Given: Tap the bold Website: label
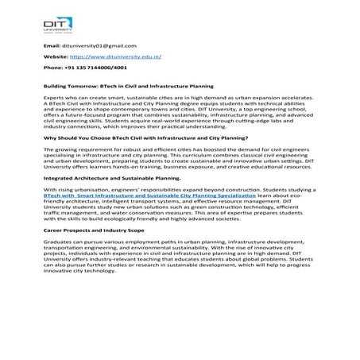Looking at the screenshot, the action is [x=55, y=57].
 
